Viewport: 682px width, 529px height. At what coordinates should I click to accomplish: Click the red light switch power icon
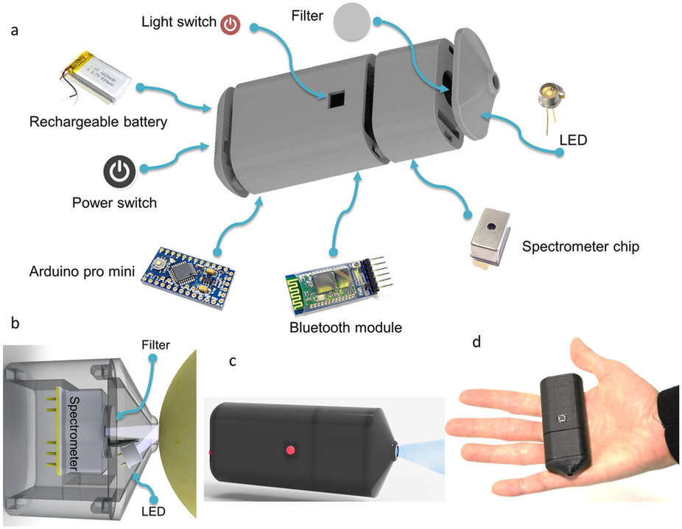point(231,24)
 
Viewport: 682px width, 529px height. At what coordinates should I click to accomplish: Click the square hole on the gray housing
point(336,99)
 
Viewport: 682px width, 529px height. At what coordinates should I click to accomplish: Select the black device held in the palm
point(566,427)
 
